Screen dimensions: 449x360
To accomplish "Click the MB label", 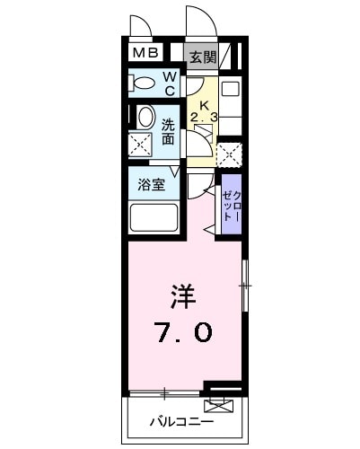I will (145, 54).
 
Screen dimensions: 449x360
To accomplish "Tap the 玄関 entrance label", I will (202, 57).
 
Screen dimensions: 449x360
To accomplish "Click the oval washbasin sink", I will (143, 118).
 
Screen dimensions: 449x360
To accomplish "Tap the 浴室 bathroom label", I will (149, 186).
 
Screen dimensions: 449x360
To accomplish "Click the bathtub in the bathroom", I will (154, 218).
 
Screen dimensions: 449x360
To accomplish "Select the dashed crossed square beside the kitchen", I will (230, 153).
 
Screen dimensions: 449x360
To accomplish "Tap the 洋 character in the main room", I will (182, 295).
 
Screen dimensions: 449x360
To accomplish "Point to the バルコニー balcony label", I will (180, 420).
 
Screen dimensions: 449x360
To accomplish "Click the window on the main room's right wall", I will (244, 286).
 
